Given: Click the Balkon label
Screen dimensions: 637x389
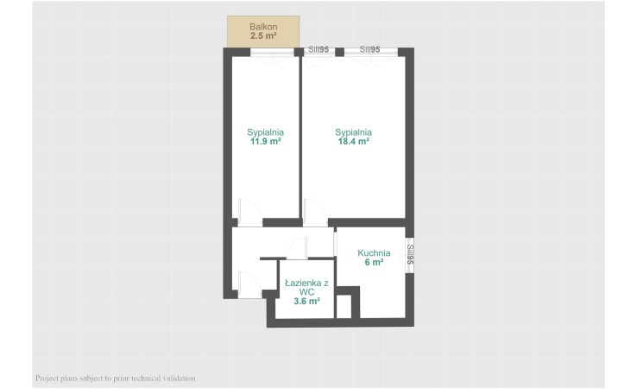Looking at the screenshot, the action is tap(263, 27).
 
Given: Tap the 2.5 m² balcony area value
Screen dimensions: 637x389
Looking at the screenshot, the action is tap(263, 35).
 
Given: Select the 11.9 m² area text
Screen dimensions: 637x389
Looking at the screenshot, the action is tap(265, 142).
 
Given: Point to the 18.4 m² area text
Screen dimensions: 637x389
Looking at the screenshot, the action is tap(353, 142).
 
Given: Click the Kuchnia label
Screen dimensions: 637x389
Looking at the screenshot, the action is tap(374, 253).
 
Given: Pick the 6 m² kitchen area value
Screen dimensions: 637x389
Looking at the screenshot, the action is tap(374, 263).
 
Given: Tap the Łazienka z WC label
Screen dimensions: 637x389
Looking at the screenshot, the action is tap(306, 288).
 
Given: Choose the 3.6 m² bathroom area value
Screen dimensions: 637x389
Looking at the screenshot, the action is tap(306, 302).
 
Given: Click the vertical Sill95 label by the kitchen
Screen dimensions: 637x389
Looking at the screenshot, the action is tap(410, 254).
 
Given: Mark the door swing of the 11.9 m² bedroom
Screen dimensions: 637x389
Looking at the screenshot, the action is tap(249, 213).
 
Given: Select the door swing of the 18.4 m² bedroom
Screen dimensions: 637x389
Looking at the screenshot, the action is tap(315, 213).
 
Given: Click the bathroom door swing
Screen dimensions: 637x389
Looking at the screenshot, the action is tap(297, 248).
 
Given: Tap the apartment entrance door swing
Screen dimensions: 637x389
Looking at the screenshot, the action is tap(249, 284).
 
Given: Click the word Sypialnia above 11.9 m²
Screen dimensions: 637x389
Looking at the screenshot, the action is tap(265, 132).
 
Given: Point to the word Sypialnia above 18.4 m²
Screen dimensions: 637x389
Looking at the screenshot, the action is tap(353, 132).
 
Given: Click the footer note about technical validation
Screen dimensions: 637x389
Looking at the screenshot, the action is tap(116, 379).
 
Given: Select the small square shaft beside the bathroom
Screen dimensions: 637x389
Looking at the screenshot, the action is tap(344, 306).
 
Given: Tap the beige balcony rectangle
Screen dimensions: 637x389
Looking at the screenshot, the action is tap(263, 32).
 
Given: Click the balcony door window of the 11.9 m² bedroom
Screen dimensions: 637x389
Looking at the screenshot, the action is tap(272, 52).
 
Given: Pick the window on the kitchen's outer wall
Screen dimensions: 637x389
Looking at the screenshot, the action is tap(410, 255).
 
